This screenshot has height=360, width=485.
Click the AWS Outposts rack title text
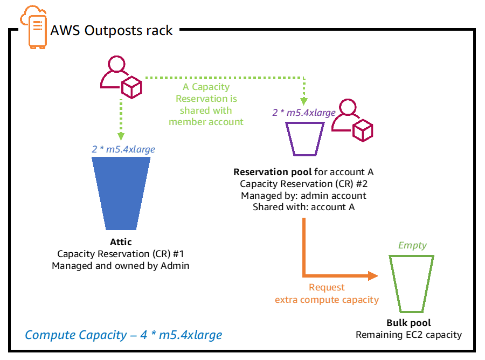tap(112, 30)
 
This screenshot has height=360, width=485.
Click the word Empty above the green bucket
tap(412, 245)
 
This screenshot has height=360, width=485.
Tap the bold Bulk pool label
tap(408, 323)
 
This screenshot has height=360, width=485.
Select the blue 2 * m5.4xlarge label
tap(123, 149)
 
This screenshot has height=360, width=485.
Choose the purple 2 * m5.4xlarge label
tap(304, 113)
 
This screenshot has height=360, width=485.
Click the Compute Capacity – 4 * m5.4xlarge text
tap(123, 335)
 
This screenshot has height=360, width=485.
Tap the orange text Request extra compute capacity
tap(327, 294)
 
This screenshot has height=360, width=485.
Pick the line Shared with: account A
tap(303, 207)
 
